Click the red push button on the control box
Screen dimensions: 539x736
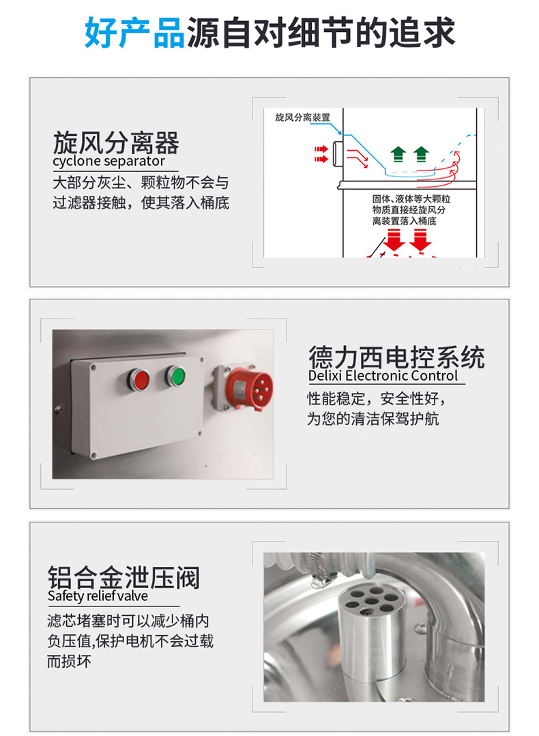tap(139, 379)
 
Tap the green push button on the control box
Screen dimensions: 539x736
tap(175, 376)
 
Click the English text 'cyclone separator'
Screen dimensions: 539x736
tap(108, 161)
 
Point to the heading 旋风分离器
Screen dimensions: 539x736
tap(116, 143)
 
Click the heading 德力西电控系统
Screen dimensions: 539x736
tap(396, 357)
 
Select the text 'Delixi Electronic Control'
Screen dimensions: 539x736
tap(383, 376)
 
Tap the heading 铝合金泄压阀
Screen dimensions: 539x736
tap(123, 577)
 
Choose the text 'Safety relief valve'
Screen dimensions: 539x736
tap(98, 596)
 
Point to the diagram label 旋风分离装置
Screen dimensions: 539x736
tap(303, 117)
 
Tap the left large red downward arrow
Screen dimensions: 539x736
tap(394, 239)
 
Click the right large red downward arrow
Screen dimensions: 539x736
tap(420, 239)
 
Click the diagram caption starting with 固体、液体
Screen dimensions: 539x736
tap(411, 210)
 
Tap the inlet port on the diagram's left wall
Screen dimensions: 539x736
tap(338, 153)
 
